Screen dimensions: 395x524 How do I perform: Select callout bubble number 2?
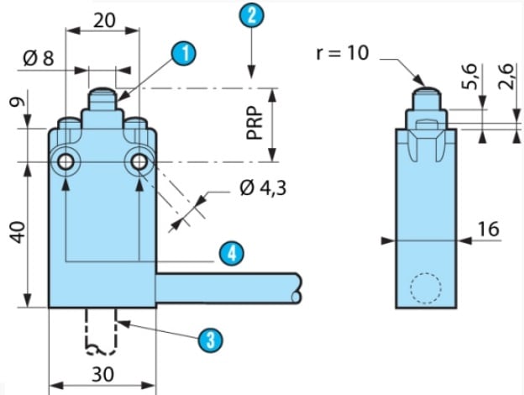click(250, 13)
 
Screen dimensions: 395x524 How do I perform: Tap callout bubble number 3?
click(210, 339)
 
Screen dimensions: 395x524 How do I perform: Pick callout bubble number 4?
click(230, 252)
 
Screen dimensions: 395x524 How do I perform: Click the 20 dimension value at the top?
click(104, 20)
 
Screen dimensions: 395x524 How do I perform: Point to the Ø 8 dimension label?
click(39, 59)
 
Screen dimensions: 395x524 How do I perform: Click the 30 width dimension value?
click(102, 374)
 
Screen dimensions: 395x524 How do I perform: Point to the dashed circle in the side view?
click(423, 288)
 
